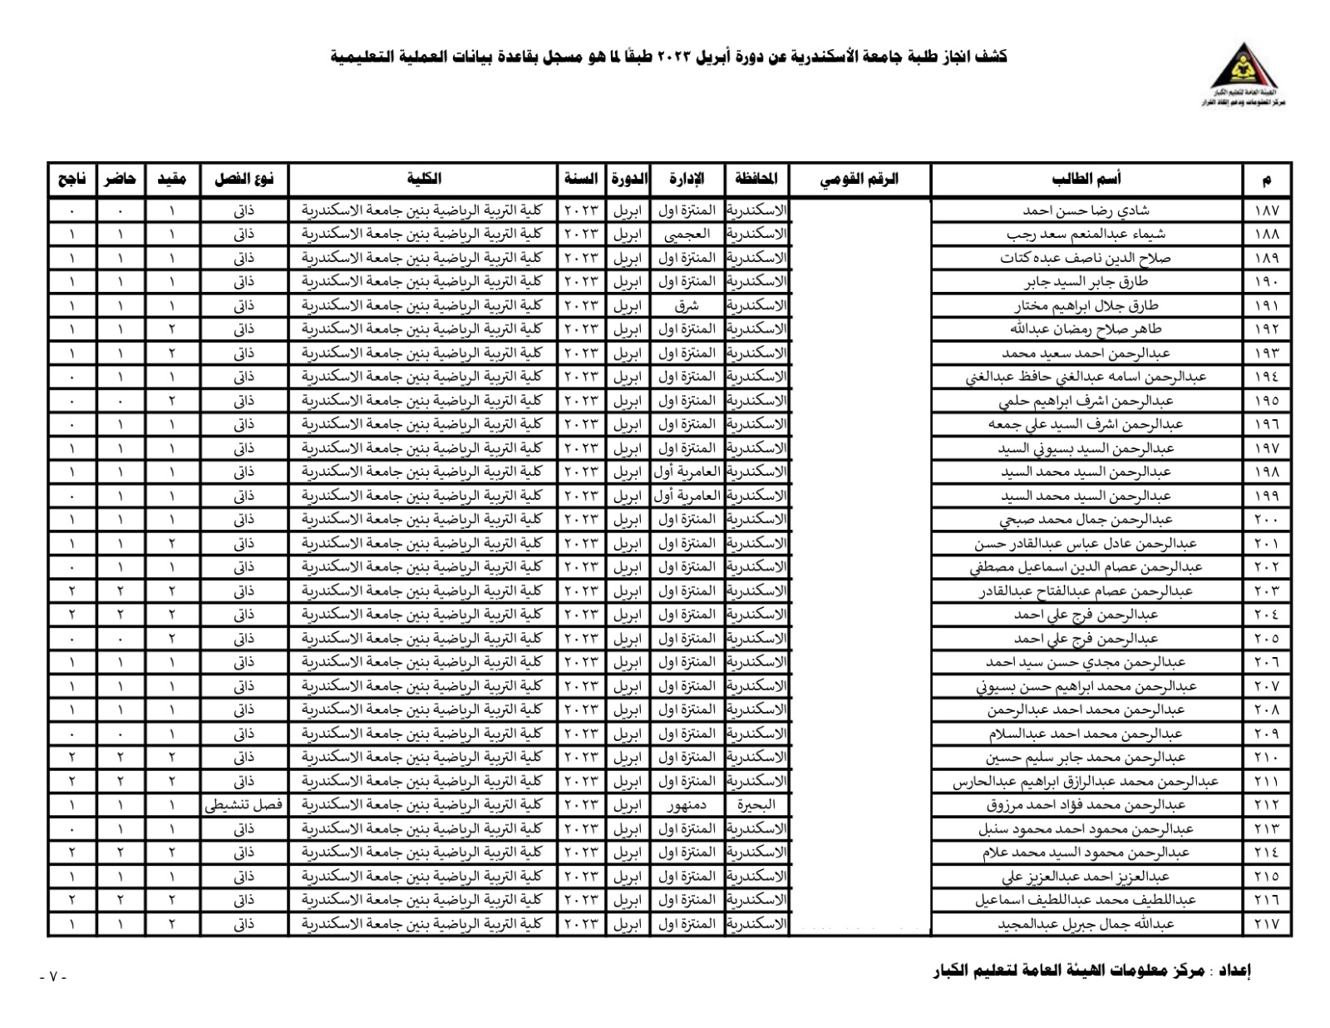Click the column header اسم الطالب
(1086, 179)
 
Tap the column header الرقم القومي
(860, 179)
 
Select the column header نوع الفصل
(244, 179)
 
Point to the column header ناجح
(71, 179)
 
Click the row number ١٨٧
(1267, 210)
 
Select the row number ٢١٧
(1267, 924)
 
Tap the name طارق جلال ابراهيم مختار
(1086, 305)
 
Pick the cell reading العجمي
(687, 235)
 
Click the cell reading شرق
(687, 305)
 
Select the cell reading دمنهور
(687, 805)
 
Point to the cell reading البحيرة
(756, 805)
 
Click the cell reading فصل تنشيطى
(244, 805)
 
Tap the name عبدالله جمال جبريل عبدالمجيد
(1086, 924)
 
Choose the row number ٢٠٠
(1267, 520)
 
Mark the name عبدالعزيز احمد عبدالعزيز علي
(1086, 877)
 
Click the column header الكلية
(424, 179)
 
